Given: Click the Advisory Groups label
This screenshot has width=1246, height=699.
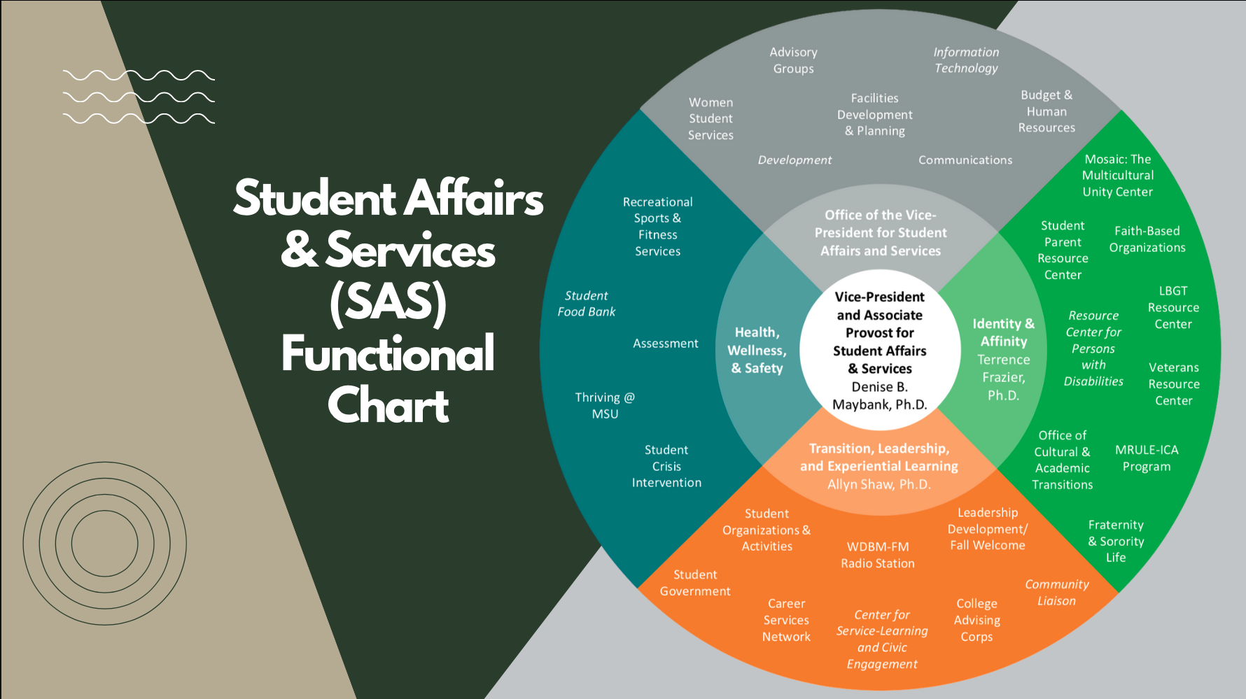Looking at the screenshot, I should [793, 60].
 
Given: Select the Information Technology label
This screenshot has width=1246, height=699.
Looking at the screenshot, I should [966, 60].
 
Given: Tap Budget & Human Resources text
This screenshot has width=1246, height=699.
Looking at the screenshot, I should [1046, 111].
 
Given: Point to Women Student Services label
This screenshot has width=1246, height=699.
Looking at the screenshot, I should [710, 119].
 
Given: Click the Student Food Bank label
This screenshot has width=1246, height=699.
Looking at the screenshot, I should [587, 304].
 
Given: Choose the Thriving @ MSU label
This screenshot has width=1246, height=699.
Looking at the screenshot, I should [605, 405].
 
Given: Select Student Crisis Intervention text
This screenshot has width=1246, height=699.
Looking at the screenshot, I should [666, 466].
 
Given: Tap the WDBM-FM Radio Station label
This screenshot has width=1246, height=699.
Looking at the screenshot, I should [878, 555].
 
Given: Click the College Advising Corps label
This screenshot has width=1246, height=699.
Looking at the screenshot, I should [976, 620].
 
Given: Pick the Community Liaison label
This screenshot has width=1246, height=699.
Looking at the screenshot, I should [1057, 592].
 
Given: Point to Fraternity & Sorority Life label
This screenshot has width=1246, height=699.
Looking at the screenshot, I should [1116, 541].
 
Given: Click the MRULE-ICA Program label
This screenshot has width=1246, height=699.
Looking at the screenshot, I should [1147, 458].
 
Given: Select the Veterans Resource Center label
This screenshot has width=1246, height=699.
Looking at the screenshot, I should [1174, 383].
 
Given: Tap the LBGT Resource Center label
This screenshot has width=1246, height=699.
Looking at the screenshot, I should [1173, 307].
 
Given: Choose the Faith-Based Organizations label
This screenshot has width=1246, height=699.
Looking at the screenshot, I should [1147, 239].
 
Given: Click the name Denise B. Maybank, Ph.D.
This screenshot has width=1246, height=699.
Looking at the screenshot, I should [880, 395].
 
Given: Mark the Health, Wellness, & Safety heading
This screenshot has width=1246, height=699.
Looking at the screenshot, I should [757, 350].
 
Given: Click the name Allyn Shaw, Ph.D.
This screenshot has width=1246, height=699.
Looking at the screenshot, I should [879, 484].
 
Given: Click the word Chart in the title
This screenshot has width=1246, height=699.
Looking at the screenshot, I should [388, 405].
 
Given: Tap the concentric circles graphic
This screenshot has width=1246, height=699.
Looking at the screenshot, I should [105, 543].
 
